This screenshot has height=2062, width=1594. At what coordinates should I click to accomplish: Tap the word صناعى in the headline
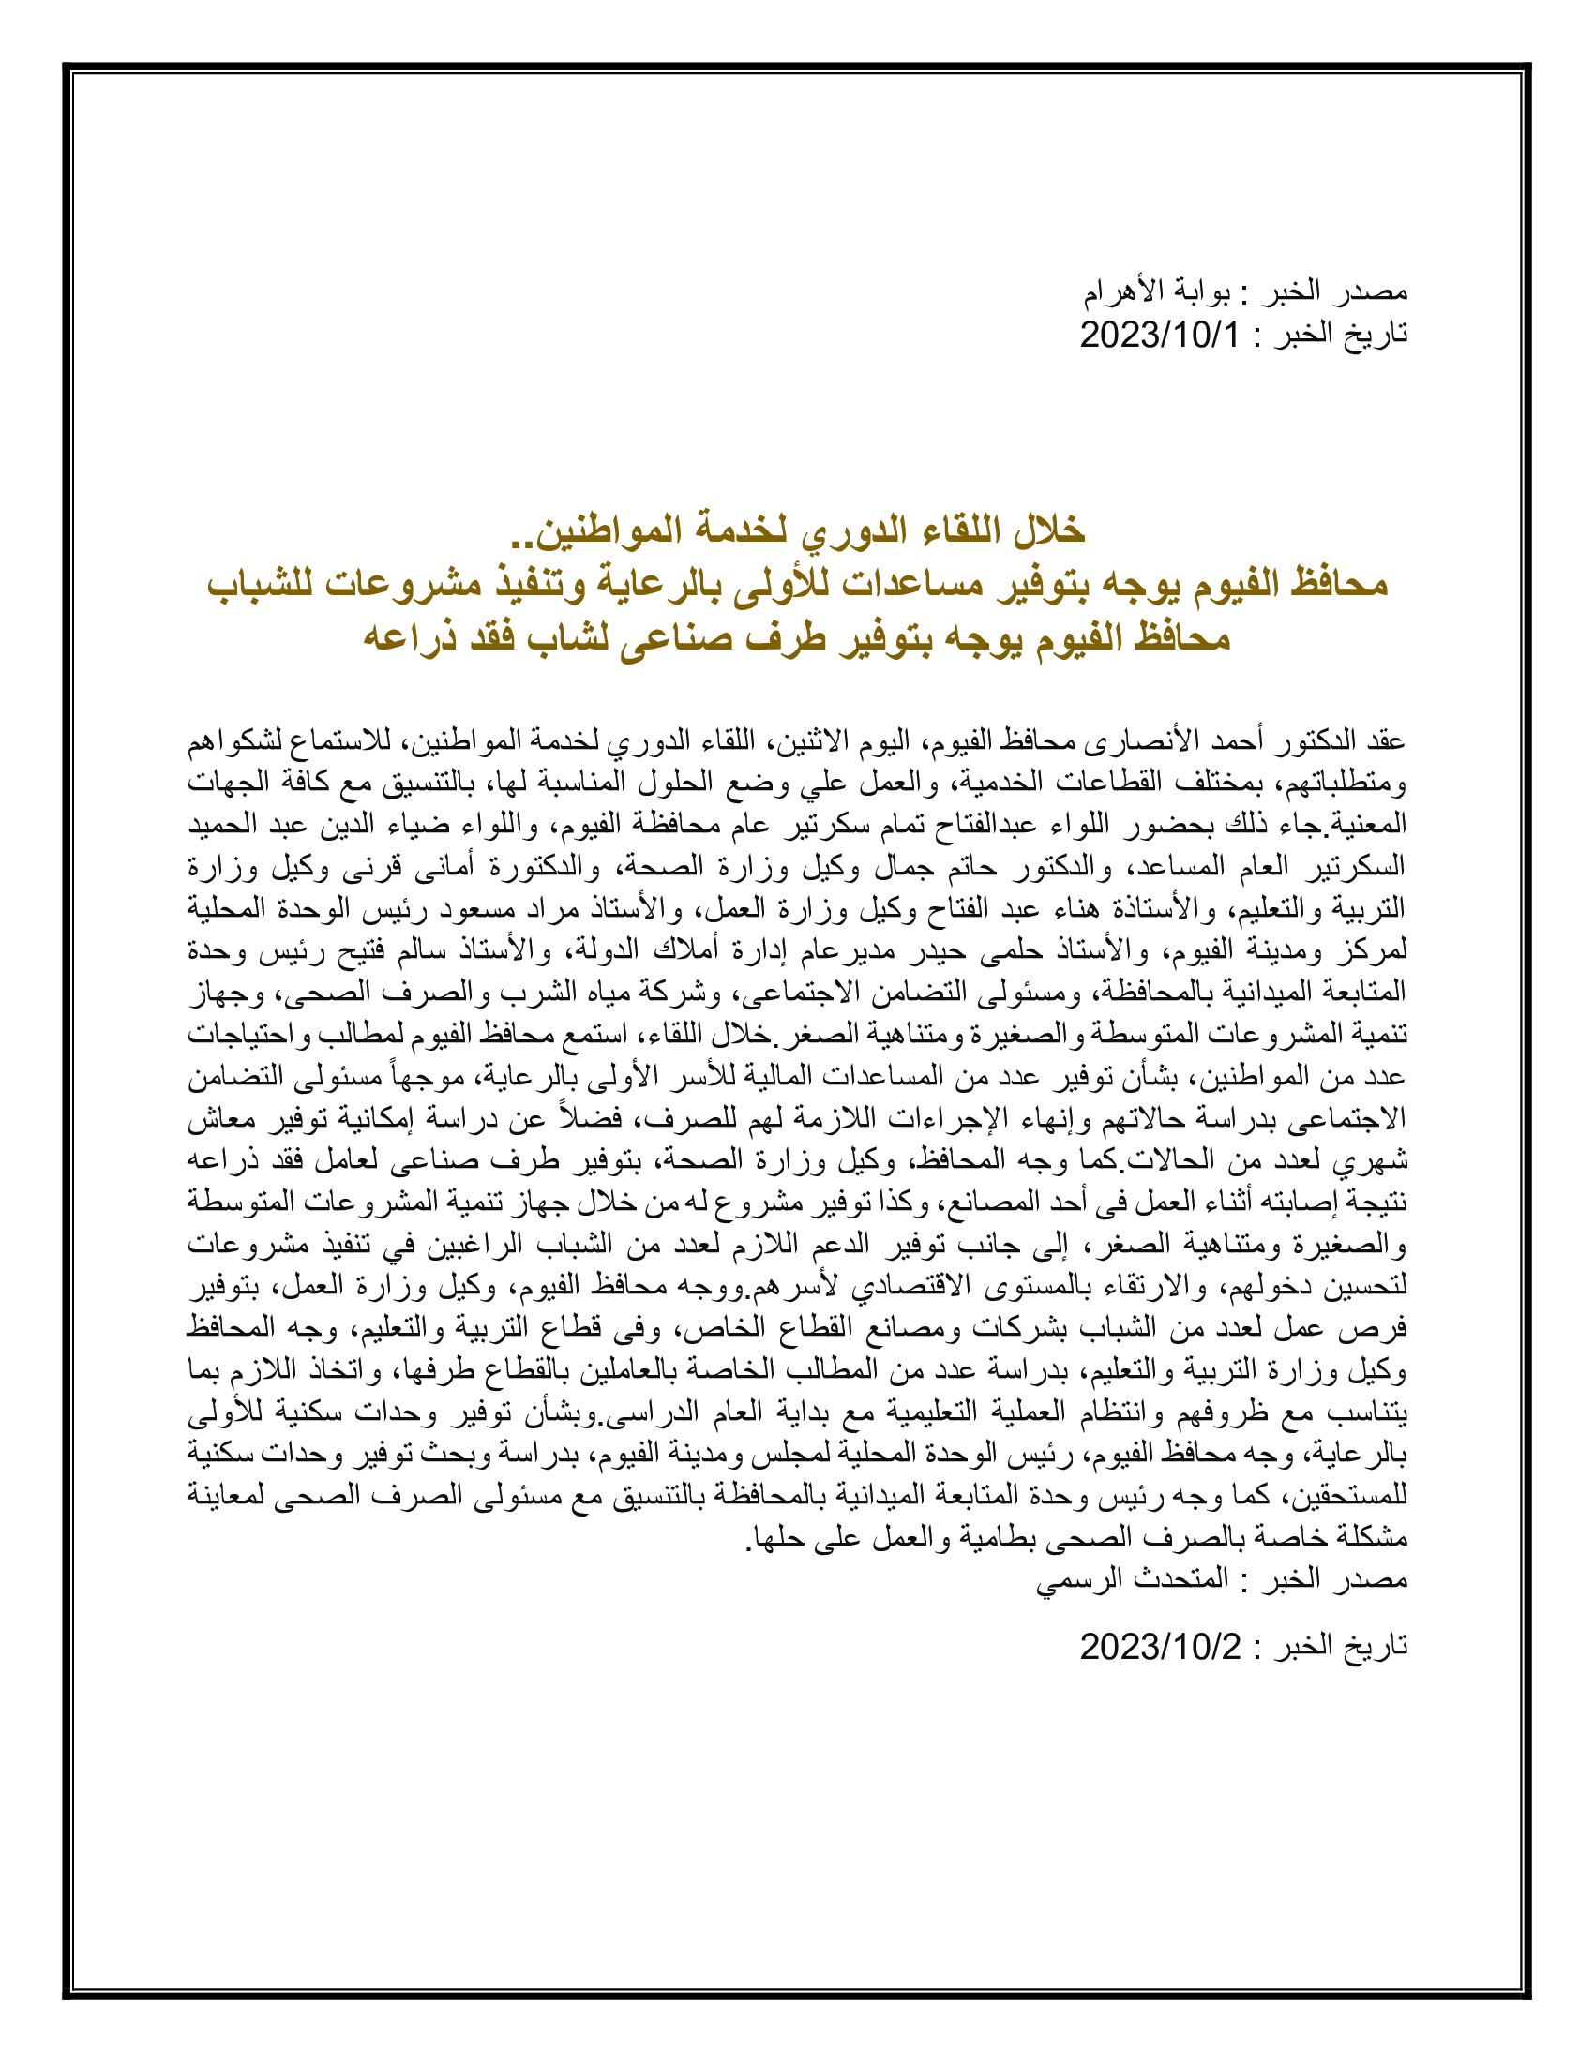point(674,638)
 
